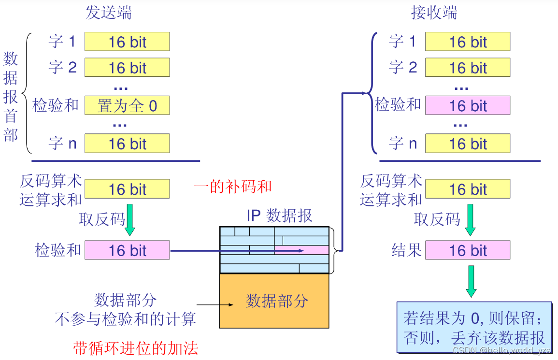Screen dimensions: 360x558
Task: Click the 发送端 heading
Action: (108, 13)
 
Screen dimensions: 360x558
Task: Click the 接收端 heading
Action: (434, 13)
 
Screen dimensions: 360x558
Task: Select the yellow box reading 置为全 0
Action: (127, 105)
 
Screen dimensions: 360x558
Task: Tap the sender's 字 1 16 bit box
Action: (127, 42)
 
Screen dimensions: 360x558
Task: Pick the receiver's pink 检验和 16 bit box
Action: (468, 105)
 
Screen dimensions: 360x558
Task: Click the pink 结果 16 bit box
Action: (468, 250)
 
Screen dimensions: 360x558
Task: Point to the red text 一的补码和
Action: (232, 187)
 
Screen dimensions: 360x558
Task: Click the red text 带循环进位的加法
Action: (136, 348)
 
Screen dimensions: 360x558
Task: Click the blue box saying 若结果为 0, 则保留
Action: (473, 327)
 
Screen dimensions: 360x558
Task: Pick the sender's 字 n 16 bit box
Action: (127, 144)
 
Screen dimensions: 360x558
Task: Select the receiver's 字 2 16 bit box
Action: (468, 68)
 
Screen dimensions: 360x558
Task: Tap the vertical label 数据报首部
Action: (11, 97)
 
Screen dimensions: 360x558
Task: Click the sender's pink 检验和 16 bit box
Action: (127, 250)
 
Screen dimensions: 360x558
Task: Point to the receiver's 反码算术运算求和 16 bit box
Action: (468, 189)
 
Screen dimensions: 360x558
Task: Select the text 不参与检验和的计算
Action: (125, 319)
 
